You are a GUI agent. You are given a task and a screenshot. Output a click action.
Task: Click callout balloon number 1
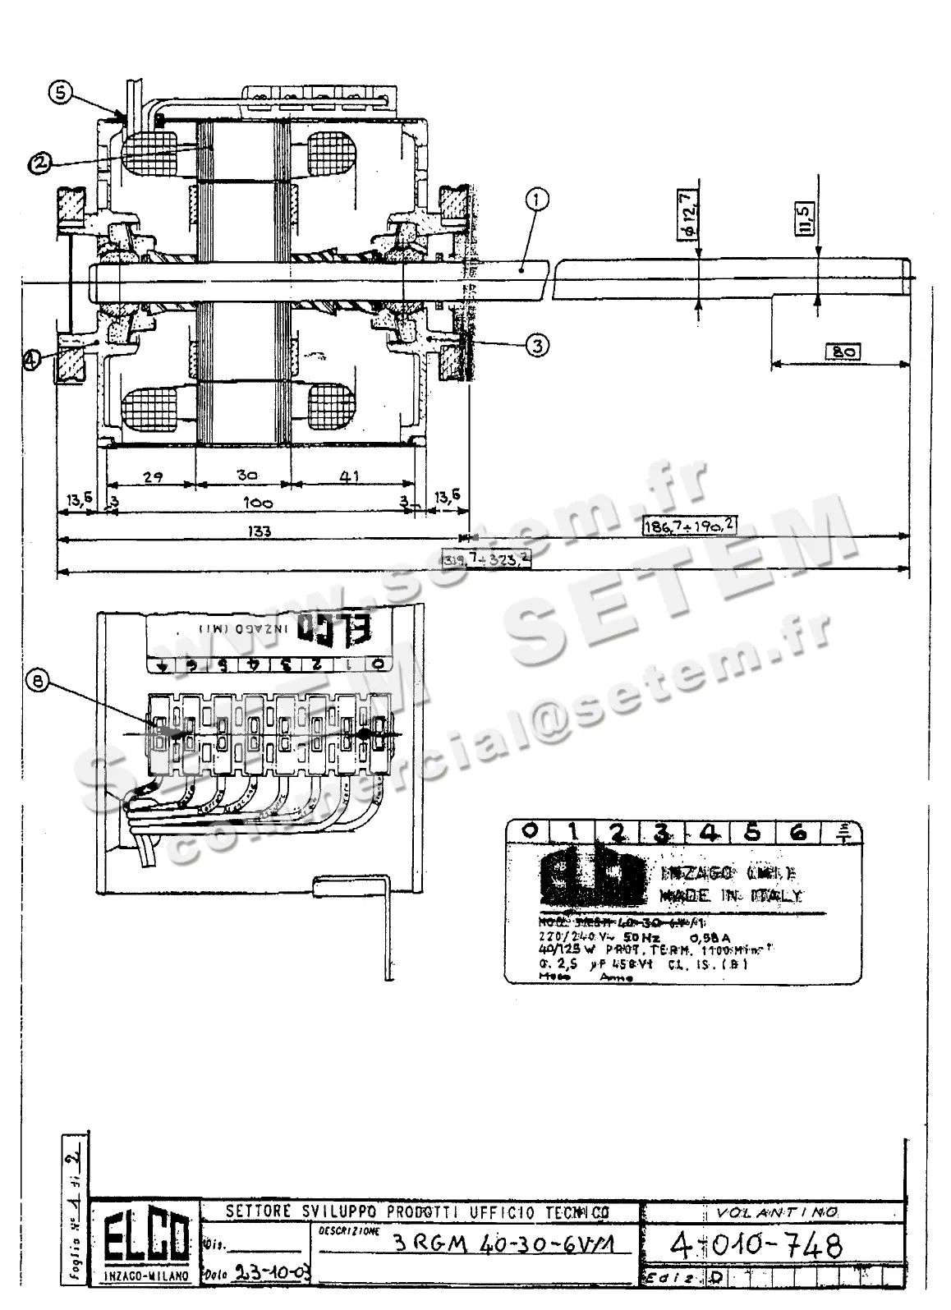coord(537,199)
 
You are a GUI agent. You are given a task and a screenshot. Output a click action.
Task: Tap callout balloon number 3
coord(536,346)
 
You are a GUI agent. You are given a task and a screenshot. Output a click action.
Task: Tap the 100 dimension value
coord(260,503)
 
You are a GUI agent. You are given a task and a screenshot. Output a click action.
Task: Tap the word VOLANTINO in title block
coord(770,1212)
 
